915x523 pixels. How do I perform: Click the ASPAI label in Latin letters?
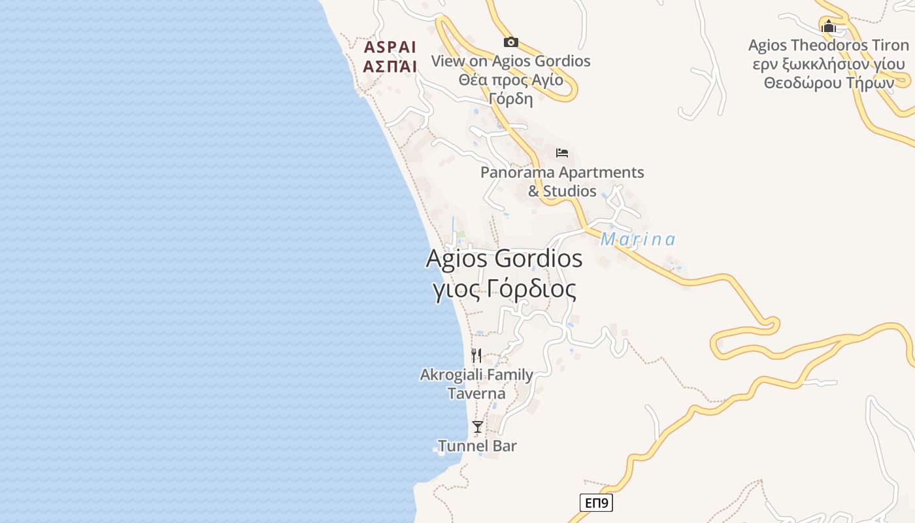click(x=390, y=47)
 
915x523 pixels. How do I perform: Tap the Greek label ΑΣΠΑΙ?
click(x=390, y=66)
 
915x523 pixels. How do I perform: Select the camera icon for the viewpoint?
click(x=511, y=42)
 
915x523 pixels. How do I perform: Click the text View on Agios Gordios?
click(x=510, y=61)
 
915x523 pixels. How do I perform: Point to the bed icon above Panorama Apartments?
click(x=562, y=153)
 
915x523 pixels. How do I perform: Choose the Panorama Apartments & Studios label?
click(x=562, y=182)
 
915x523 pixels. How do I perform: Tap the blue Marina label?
click(x=638, y=240)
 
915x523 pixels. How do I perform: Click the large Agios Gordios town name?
click(x=504, y=259)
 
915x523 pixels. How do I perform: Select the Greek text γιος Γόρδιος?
click(x=505, y=289)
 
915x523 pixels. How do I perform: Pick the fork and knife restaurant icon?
click(x=477, y=356)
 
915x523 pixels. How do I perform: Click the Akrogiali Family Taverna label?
click(x=476, y=384)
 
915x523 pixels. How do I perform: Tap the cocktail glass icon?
click(x=478, y=427)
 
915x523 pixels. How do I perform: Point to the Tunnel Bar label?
click(x=477, y=446)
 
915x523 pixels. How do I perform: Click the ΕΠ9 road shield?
click(x=596, y=503)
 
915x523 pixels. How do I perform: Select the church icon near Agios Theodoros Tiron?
click(x=829, y=27)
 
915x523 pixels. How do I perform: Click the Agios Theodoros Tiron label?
click(x=828, y=46)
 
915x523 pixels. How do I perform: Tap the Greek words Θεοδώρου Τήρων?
click(x=828, y=84)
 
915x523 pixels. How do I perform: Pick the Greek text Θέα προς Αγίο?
click(x=510, y=80)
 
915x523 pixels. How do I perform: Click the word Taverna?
click(x=476, y=394)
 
